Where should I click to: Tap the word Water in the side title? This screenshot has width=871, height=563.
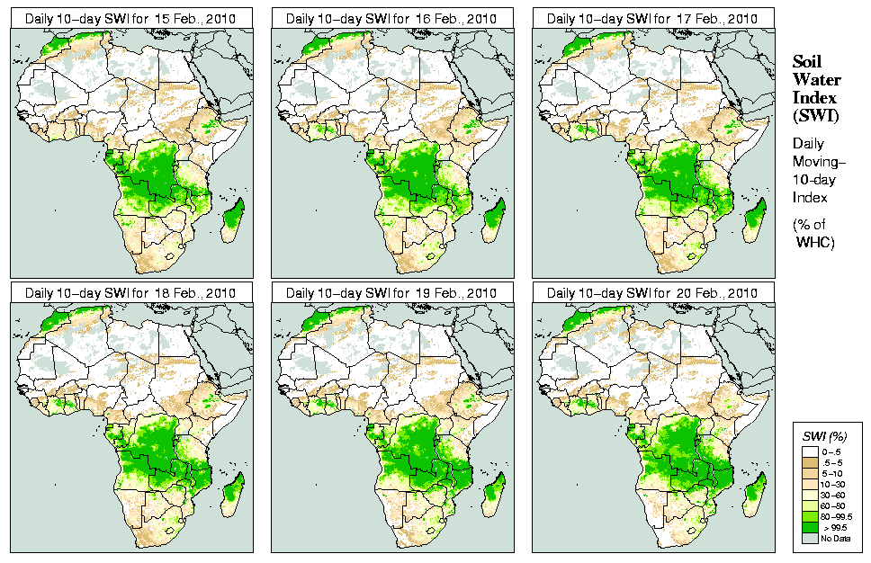point(816,80)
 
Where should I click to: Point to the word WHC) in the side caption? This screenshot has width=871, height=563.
point(818,242)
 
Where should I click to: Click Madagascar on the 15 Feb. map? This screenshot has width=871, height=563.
point(232,219)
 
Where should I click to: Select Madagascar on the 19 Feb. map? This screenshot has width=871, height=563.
point(493,494)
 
